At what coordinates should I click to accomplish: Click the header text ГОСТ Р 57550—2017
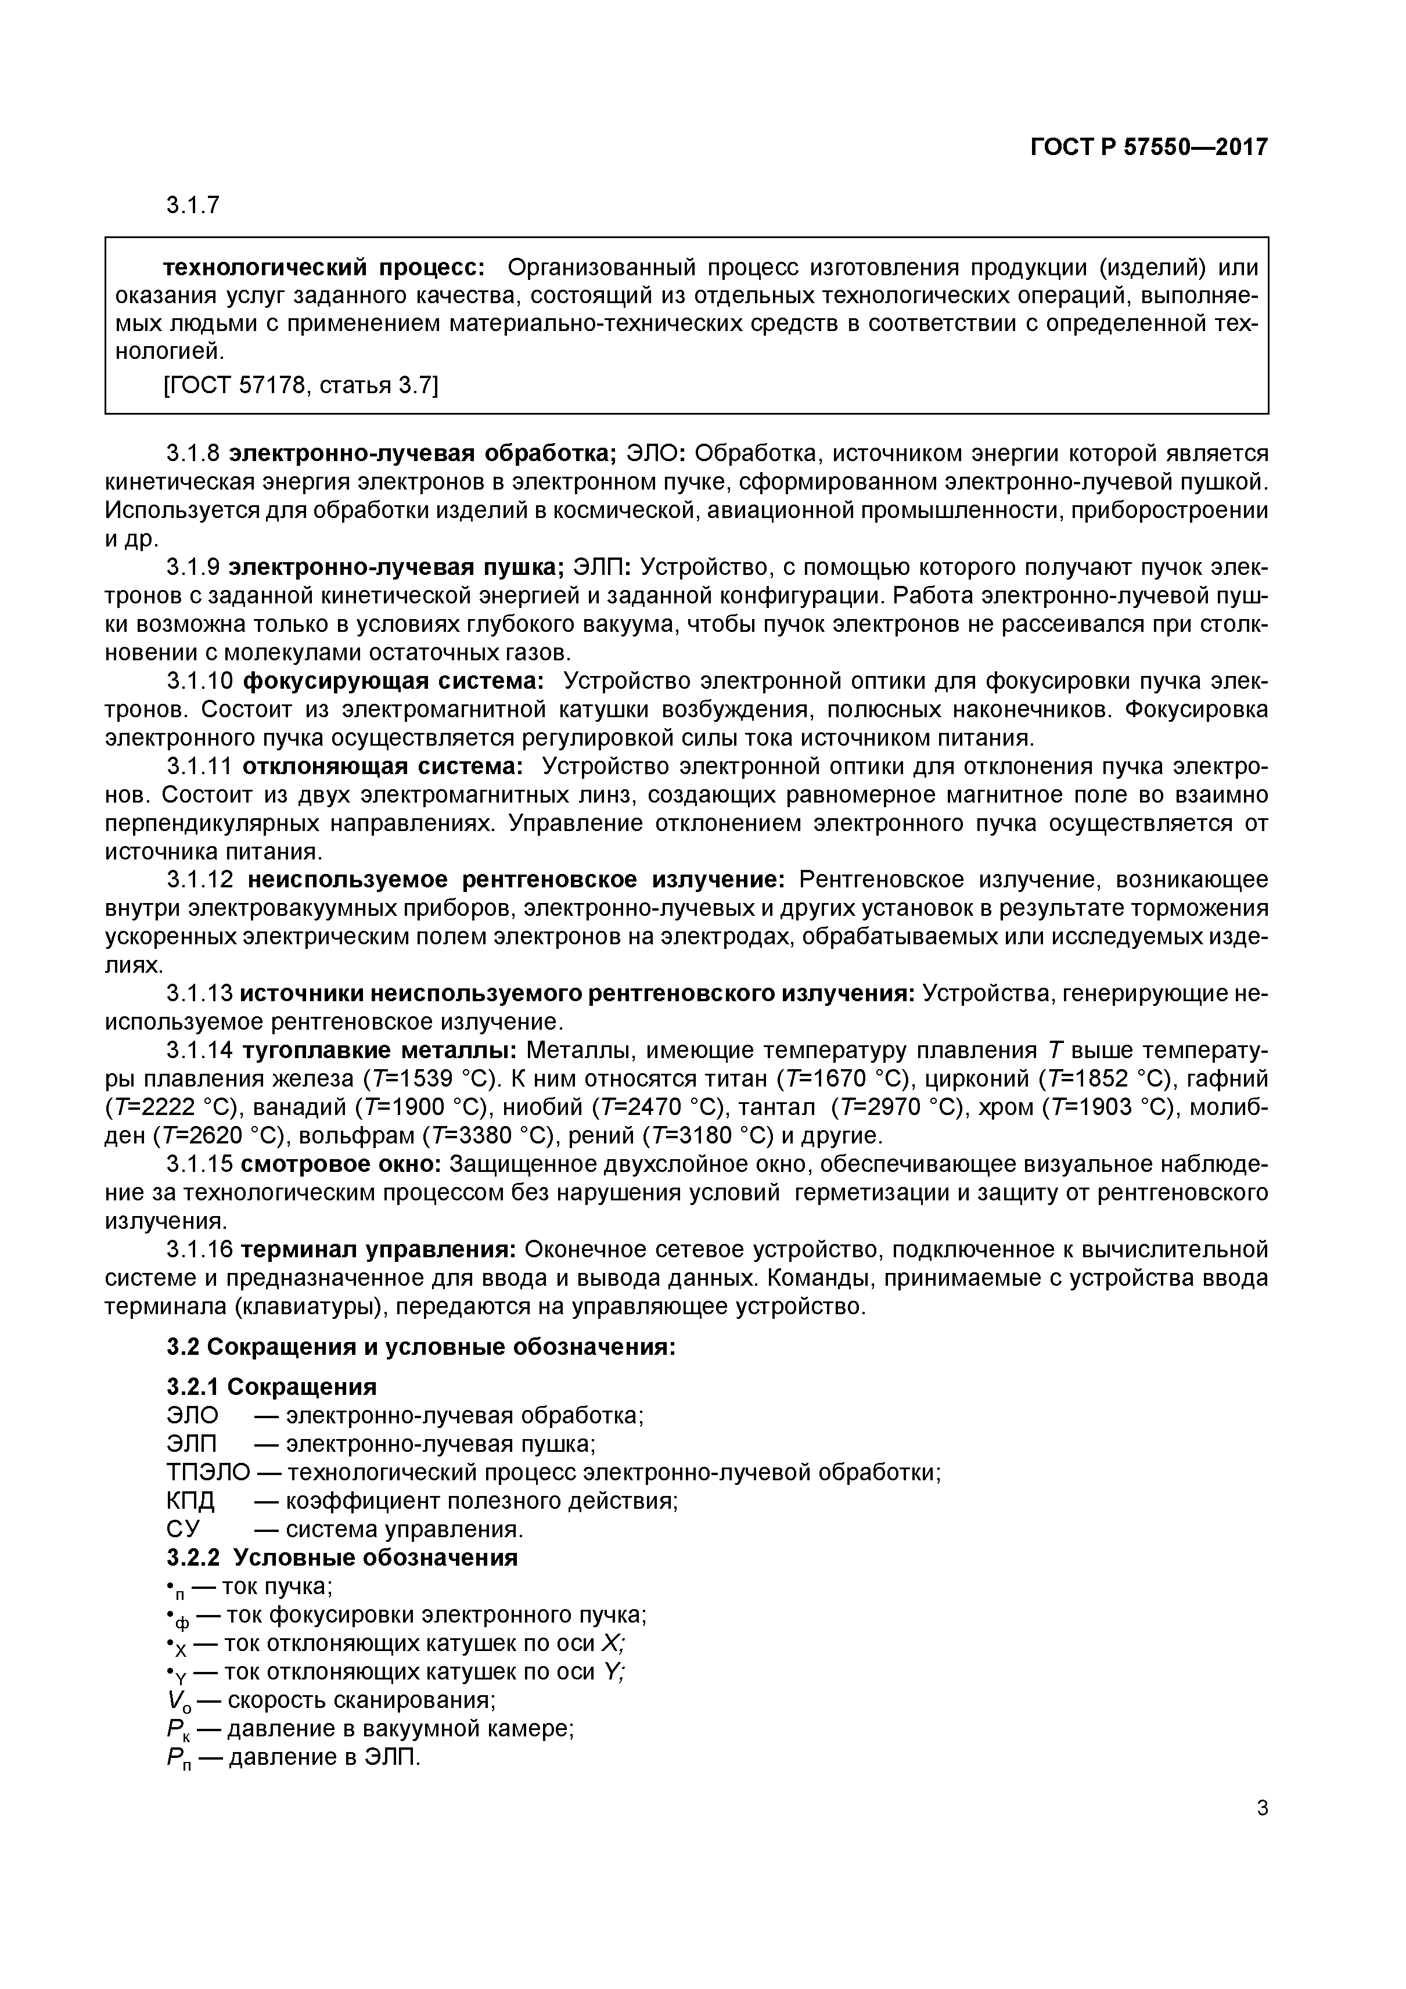tap(1149, 148)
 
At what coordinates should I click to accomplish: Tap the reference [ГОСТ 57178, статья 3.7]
tap(301, 384)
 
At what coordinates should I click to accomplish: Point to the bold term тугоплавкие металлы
tap(379, 1051)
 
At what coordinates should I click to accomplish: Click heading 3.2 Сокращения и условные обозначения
tap(420, 1347)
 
